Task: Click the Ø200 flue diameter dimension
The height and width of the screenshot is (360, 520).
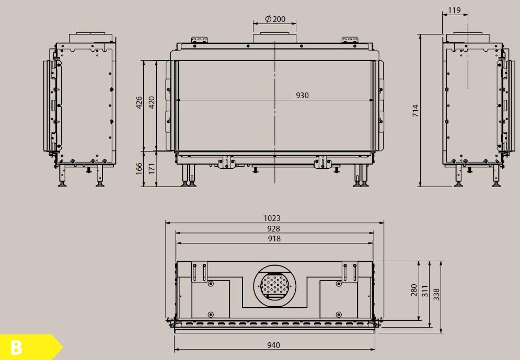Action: pyautogui.click(x=275, y=19)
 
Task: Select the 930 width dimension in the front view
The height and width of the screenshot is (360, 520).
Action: pyautogui.click(x=302, y=95)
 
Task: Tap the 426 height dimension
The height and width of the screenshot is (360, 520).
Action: pyautogui.click(x=140, y=103)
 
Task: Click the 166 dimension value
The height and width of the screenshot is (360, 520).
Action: pyautogui.click(x=140, y=169)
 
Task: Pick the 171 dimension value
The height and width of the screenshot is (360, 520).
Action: pyautogui.click(x=152, y=169)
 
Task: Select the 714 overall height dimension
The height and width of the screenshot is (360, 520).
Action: pyautogui.click(x=415, y=110)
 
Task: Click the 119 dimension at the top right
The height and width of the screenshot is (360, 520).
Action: pyautogui.click(x=455, y=9)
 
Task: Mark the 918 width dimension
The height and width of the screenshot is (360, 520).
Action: pyautogui.click(x=274, y=239)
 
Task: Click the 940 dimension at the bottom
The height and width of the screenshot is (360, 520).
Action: pyautogui.click(x=273, y=345)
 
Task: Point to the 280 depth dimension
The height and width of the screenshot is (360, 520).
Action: pyautogui.click(x=414, y=290)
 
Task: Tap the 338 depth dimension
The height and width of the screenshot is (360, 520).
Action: pyautogui.click(x=437, y=295)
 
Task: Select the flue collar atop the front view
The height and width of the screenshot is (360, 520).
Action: pyautogui.click(x=275, y=38)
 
